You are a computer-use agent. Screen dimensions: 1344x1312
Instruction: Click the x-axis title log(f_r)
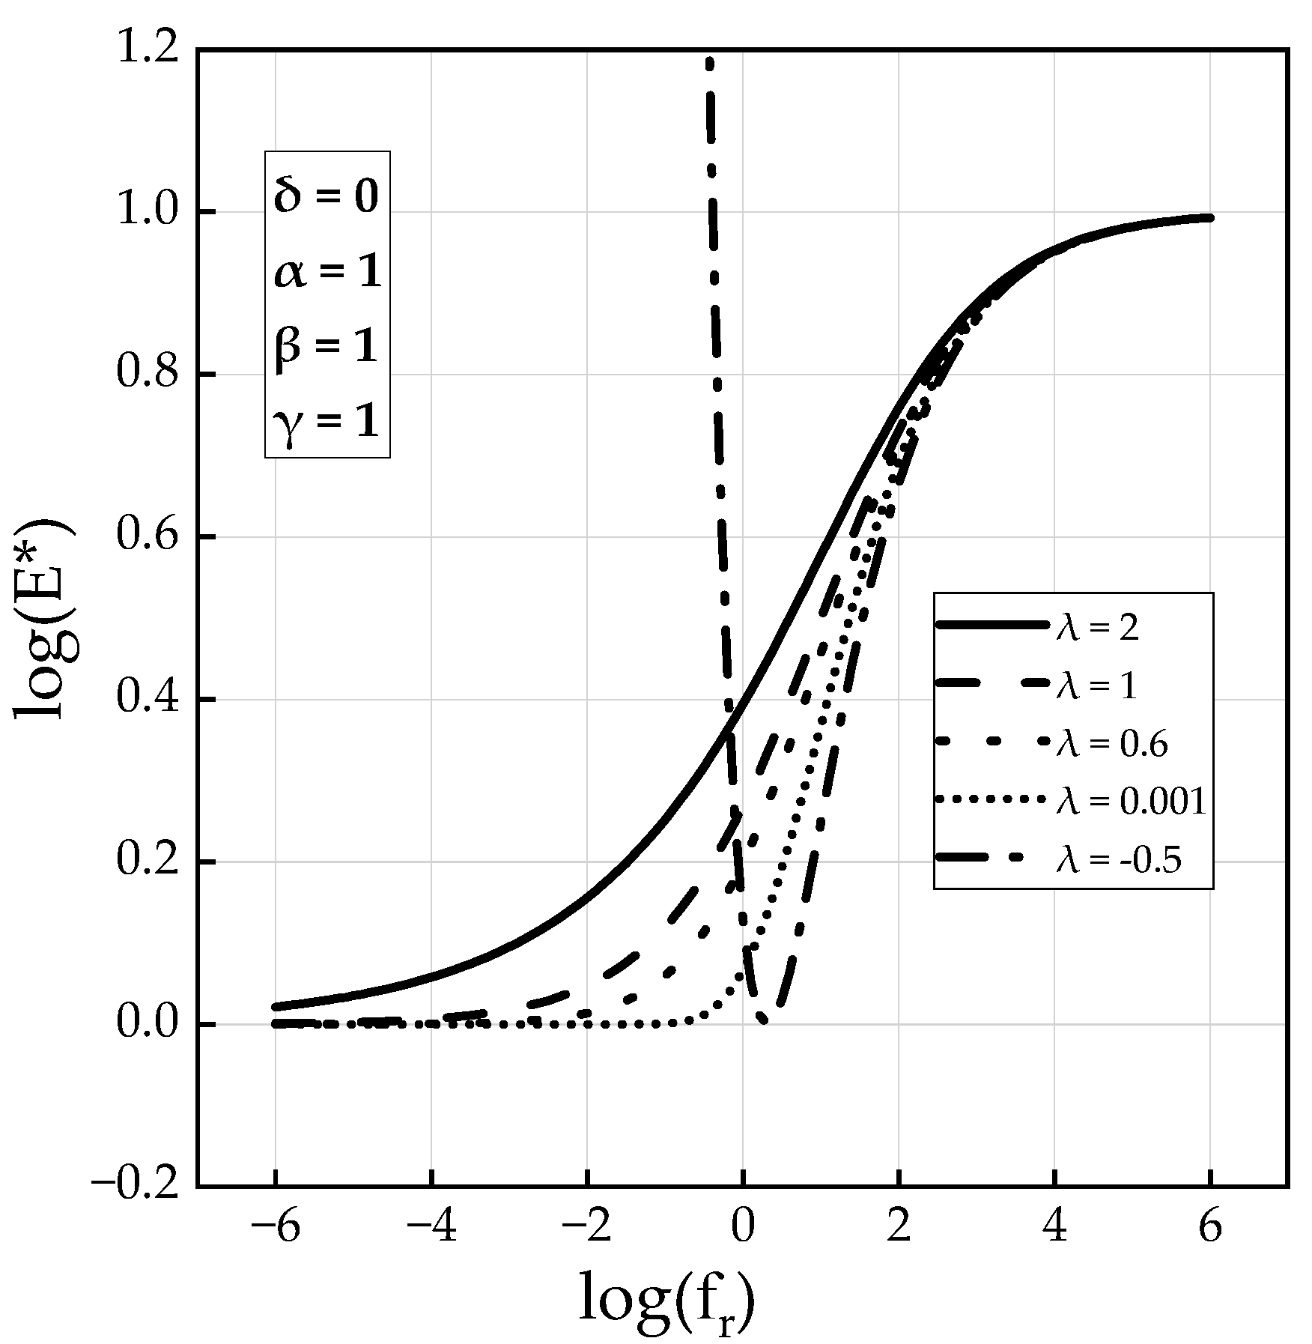(666, 1301)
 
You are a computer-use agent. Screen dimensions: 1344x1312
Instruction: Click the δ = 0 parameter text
(327, 197)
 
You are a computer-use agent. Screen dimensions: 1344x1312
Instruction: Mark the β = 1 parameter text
(327, 348)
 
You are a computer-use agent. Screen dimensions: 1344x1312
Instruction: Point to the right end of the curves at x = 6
(1209, 218)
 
